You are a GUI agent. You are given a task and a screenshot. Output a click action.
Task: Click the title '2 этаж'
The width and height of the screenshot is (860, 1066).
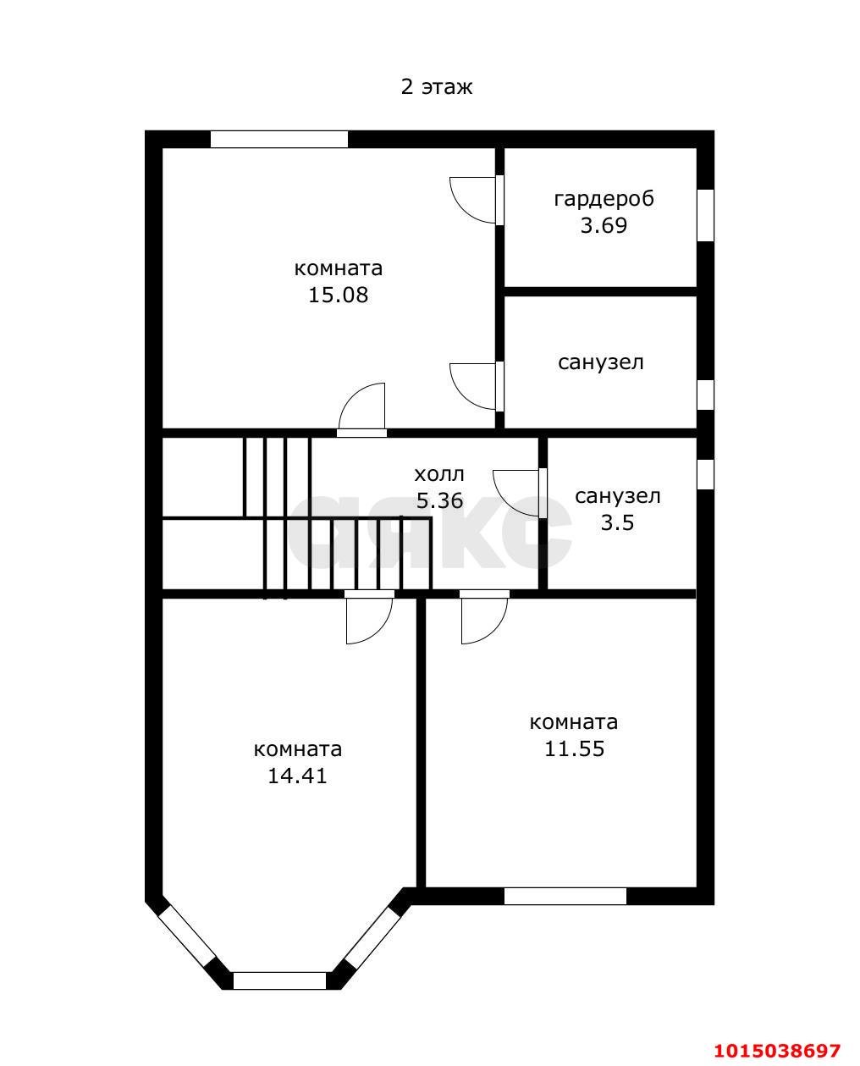[437, 87]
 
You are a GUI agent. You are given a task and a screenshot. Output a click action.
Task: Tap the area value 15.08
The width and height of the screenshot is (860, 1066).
[339, 295]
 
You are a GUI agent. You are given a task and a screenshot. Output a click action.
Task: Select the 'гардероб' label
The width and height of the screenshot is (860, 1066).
[604, 200]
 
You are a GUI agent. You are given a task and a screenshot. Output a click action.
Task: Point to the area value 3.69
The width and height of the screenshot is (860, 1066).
[604, 226]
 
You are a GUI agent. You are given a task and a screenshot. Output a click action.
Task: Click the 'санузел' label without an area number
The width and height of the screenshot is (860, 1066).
[601, 362]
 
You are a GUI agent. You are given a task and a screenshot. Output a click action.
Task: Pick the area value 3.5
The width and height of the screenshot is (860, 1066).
[617, 522]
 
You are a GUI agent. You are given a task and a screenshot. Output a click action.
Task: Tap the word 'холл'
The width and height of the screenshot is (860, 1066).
[439, 474]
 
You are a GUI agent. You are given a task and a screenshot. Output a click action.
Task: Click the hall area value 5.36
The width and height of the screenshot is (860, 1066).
[440, 500]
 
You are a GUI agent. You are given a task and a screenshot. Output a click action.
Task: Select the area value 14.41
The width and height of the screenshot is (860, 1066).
[298, 776]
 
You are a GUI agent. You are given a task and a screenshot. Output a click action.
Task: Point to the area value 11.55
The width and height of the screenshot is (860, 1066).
[574, 749]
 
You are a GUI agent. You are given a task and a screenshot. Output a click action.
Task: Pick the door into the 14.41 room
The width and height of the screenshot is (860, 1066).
[369, 617]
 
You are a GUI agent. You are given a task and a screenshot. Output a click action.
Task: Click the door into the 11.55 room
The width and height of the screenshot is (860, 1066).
[484, 617]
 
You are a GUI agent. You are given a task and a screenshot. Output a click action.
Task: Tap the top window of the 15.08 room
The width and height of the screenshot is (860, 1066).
[279, 139]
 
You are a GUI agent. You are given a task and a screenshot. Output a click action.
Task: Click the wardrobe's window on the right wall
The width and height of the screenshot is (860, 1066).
[706, 215]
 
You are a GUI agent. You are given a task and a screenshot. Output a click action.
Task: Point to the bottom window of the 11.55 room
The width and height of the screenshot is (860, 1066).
[565, 896]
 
